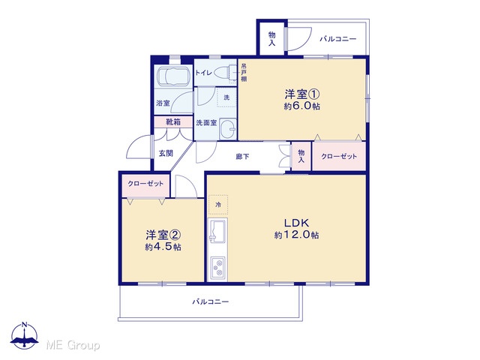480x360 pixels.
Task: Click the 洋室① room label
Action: click(302, 94)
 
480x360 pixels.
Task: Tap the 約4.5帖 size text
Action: click(163, 247)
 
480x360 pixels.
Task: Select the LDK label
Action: click(296, 223)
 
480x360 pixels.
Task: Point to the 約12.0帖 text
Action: click(296, 235)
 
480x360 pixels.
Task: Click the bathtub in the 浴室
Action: click(173, 76)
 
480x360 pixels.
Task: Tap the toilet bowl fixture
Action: click(223, 73)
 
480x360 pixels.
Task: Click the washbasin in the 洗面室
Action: click(228, 129)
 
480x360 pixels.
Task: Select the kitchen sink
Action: click(217, 231)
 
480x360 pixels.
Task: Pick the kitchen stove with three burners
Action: click(217, 268)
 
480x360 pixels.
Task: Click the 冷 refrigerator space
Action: click(218, 205)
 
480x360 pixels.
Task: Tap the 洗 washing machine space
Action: click(226, 97)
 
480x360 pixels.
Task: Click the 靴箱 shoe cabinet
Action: click(173, 121)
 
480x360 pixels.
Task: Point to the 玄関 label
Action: click(166, 153)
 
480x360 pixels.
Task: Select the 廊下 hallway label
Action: click(242, 157)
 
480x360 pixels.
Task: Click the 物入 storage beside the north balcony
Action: click(271, 38)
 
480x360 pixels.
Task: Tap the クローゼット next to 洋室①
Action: click(339, 156)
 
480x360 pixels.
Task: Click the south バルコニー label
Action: click(211, 301)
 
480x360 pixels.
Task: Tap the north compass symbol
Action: click(25, 335)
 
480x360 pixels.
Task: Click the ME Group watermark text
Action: click(73, 345)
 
